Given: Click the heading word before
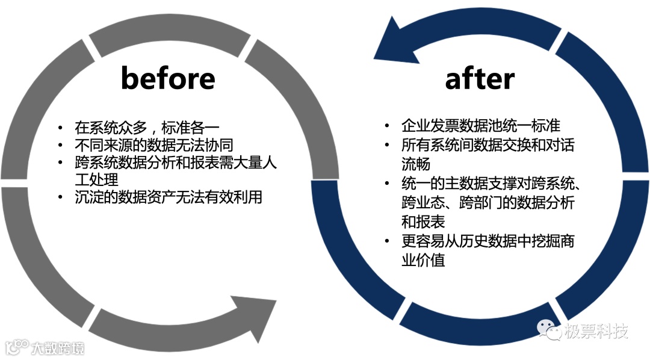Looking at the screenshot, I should coord(168,78).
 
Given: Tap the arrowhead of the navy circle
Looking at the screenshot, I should coord(394,41).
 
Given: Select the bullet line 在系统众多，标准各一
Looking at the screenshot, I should coord(147,128).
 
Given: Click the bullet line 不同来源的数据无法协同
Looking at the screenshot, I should coord(153,145).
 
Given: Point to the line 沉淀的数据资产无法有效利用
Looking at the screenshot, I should coord(169,197).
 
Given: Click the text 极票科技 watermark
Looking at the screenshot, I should coord(596,331).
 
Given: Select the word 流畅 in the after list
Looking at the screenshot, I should coord(415,164).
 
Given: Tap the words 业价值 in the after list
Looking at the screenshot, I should coord(423,261).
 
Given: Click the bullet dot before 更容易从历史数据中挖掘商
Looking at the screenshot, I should coord(387,241).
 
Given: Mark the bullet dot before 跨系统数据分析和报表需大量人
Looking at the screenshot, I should coord(60,163).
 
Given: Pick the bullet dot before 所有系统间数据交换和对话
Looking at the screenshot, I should coord(387,145).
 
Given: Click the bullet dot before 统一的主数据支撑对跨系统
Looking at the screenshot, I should coord(387,184).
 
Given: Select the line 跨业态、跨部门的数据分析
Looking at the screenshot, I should coord(487,202).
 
